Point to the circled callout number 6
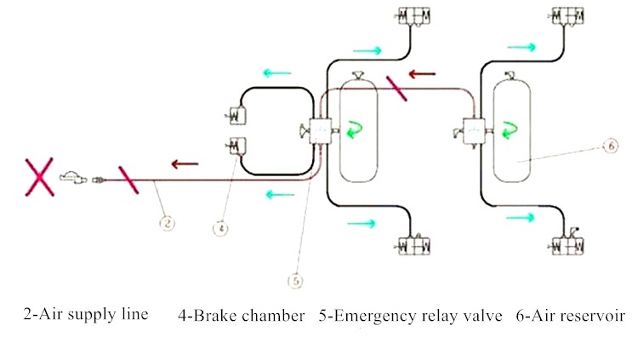pos(609,146)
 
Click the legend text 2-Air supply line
pos(86,315)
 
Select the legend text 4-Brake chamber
pos(241,316)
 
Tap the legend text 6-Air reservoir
pos(570,316)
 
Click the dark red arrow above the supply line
pos(185,163)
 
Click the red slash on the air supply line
pos(128,180)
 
